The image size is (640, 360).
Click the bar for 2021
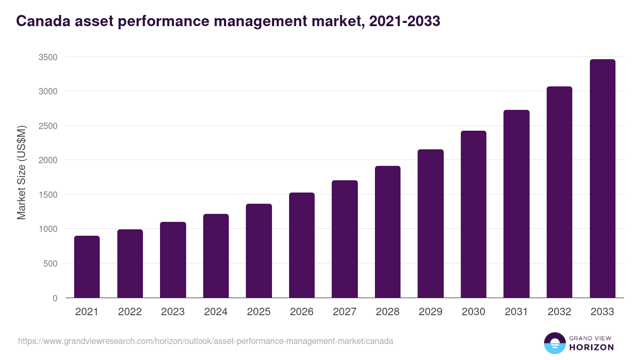(x=87, y=267)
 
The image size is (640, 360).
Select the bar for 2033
(x=602, y=179)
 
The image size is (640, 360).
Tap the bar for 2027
(x=345, y=239)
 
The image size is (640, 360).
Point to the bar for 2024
(x=216, y=256)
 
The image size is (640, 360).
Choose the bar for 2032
(x=559, y=192)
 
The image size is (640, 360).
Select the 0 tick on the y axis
(x=55, y=298)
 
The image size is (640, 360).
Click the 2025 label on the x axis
(x=259, y=312)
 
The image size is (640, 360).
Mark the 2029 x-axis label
(x=430, y=312)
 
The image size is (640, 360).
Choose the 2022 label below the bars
(x=130, y=312)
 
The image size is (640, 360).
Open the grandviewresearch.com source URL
(x=206, y=341)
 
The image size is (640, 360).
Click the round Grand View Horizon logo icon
(x=554, y=343)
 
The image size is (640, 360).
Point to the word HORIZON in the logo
(x=591, y=347)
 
